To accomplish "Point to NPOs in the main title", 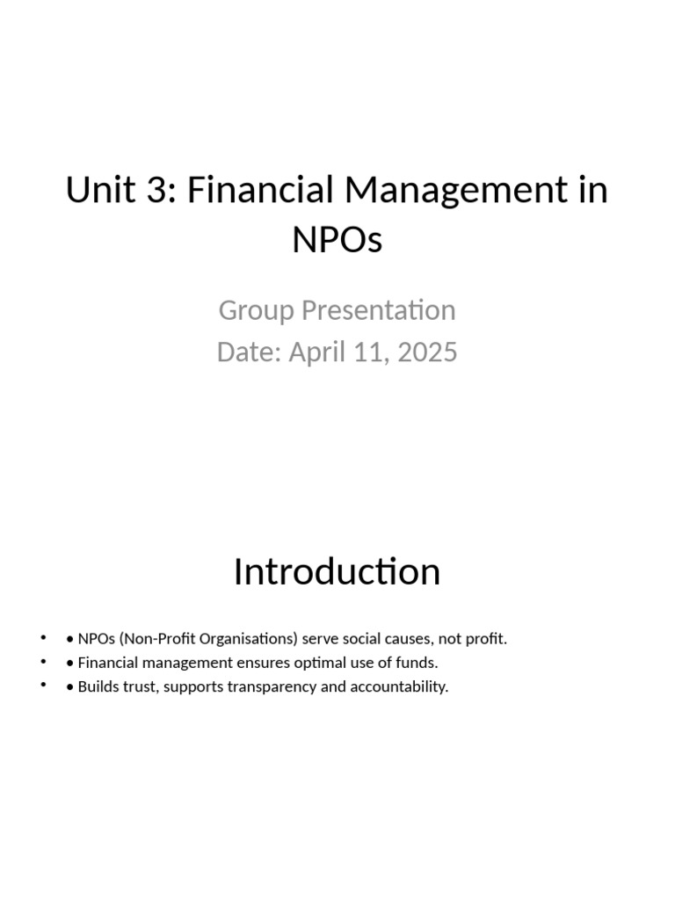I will [337, 240].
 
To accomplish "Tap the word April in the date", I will [321, 352].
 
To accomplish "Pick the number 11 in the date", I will [371, 352].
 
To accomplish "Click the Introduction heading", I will [337, 572].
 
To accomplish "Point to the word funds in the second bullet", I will [417, 663].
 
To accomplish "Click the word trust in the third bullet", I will [138, 686].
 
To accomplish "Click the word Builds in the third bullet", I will [98, 686].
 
